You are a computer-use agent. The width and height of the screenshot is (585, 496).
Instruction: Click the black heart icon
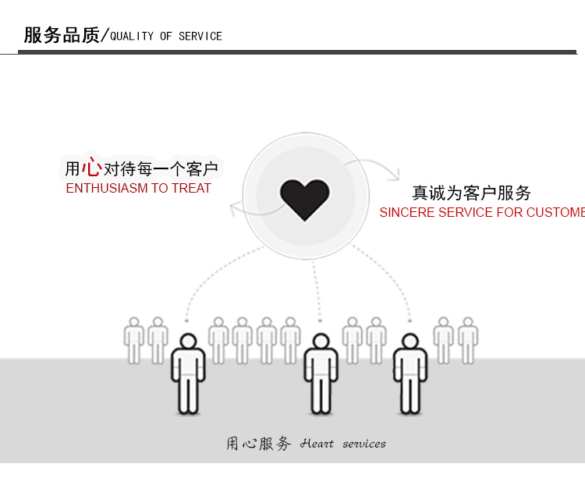[305, 199]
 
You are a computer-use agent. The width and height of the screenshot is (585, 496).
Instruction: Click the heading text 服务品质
[62, 35]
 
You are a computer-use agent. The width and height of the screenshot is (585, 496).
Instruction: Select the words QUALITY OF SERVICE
[166, 36]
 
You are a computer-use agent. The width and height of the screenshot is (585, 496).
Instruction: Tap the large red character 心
[91, 166]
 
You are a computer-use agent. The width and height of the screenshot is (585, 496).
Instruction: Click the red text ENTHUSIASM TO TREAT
[138, 188]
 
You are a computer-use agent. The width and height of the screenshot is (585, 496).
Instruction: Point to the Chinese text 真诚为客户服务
[471, 193]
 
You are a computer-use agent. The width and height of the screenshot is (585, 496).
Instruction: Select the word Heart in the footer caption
[317, 444]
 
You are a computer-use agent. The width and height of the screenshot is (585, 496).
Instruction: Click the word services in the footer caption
[363, 444]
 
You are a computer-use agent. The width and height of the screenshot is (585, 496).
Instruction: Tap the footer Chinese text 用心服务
[258, 444]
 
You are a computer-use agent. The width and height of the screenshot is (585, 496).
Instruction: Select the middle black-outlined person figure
[321, 374]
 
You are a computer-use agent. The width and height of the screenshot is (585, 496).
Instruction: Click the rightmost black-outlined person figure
[410, 374]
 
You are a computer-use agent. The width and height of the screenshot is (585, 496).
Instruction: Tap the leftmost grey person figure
[134, 340]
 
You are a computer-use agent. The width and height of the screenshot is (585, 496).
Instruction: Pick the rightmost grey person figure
[468, 340]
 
